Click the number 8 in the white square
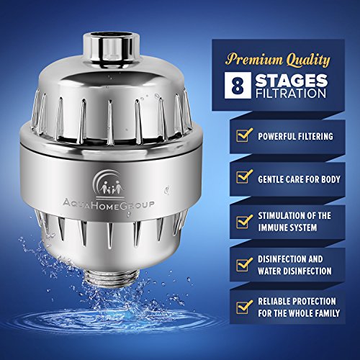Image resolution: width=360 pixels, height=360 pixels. point(238,86)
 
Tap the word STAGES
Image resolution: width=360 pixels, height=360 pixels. point(292,81)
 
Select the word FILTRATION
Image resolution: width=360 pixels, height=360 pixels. point(291,94)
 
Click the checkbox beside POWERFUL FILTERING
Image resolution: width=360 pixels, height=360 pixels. point(244,135)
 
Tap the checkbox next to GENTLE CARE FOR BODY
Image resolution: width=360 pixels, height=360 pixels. point(244,176)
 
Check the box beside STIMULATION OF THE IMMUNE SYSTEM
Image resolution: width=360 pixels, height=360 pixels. point(244,221)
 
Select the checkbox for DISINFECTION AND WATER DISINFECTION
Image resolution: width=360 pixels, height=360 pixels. point(244,264)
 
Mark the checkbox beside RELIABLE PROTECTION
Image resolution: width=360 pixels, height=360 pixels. point(244,307)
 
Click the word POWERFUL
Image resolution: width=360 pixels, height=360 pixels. point(276,136)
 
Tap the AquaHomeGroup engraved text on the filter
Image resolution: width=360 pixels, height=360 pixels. point(109,205)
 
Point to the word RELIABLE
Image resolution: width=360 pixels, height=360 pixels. point(274,302)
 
